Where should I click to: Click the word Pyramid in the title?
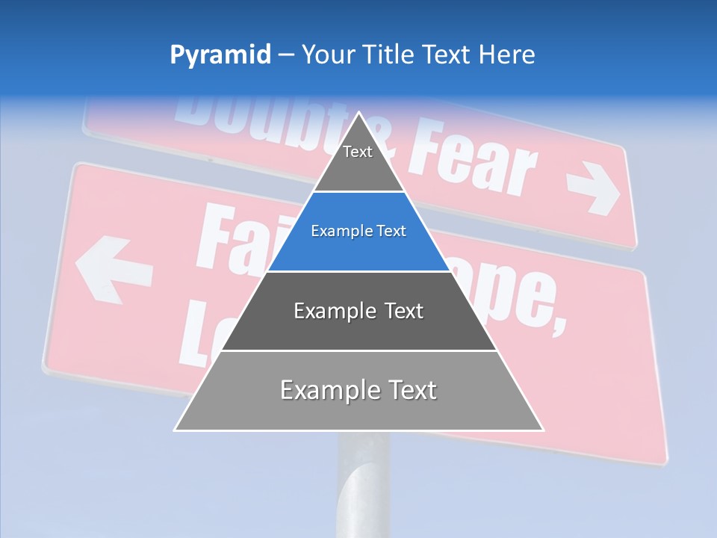[x=220, y=55]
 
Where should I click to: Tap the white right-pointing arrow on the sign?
[x=594, y=191]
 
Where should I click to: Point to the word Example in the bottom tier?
[x=321, y=391]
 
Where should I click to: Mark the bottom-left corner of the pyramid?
[x=176, y=430]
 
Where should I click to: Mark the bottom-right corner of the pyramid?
[x=542, y=430]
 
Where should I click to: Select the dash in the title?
[x=286, y=55]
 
